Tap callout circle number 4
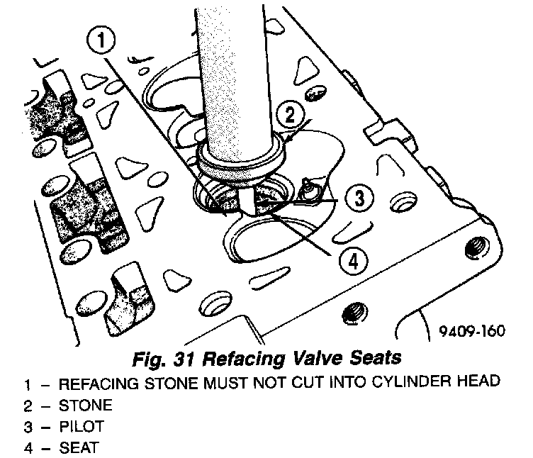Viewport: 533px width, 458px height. click(352, 260)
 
